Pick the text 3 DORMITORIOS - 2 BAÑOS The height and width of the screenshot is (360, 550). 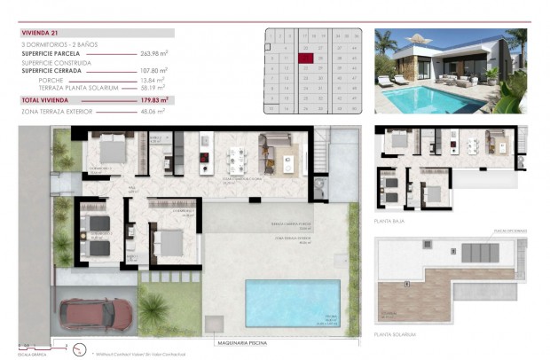coord(60,46)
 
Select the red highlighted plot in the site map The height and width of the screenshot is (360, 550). coord(305,59)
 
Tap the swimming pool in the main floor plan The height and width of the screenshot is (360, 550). coord(293,302)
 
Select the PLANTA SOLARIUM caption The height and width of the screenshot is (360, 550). coord(396,334)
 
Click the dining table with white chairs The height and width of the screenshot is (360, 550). coord(237,160)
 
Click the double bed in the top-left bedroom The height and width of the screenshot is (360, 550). coord(113,152)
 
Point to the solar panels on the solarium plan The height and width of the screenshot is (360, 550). coord(480,253)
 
